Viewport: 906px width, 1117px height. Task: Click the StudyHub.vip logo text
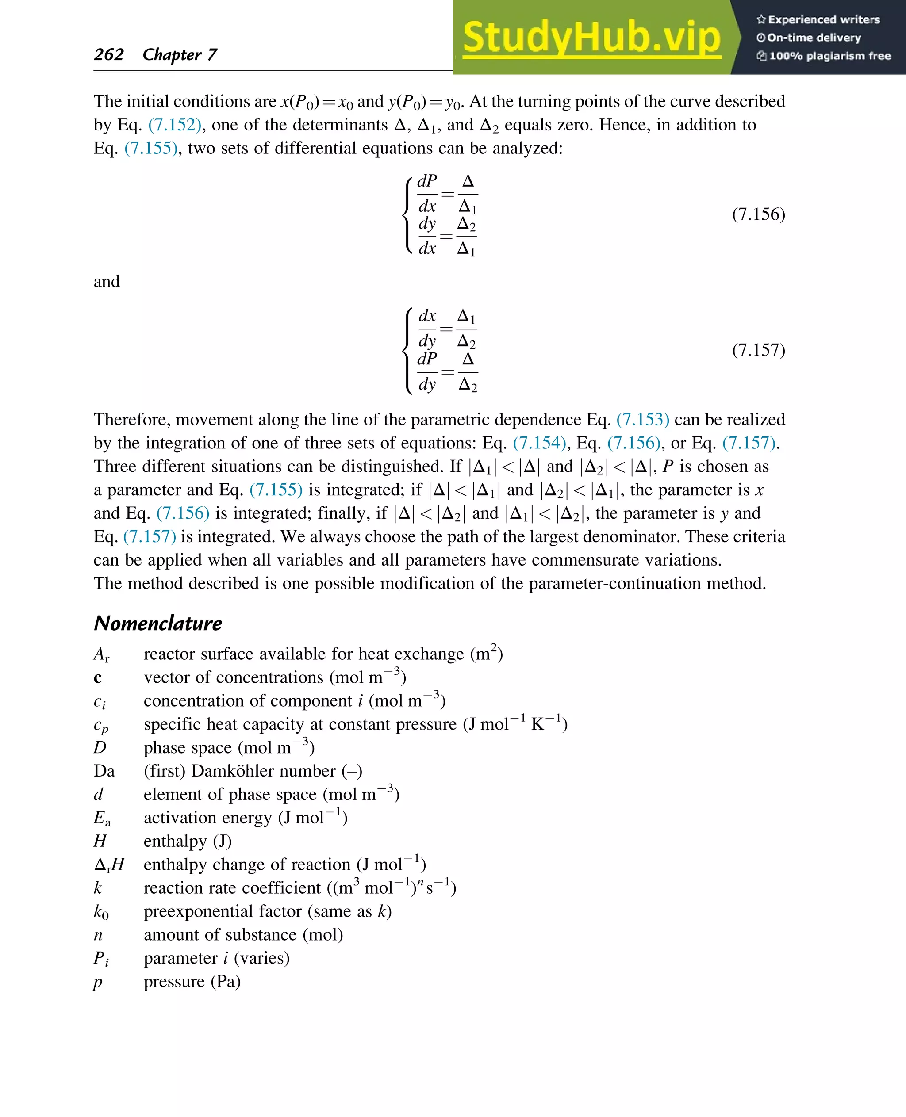point(591,38)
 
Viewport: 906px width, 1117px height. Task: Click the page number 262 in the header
point(108,54)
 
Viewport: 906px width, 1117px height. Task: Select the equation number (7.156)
point(758,214)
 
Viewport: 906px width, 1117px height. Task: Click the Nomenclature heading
point(157,623)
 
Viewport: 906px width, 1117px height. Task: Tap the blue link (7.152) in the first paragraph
point(174,125)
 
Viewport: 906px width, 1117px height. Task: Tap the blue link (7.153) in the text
point(642,420)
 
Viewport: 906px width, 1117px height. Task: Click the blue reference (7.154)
point(539,443)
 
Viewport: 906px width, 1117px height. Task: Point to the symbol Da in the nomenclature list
point(104,771)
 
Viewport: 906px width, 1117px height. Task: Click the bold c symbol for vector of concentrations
point(98,678)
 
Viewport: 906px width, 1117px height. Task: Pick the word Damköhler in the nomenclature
point(264,771)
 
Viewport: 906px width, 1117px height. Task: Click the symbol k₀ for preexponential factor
point(101,911)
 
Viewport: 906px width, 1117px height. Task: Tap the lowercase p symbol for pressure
point(98,983)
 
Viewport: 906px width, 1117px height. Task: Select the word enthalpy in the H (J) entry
point(175,842)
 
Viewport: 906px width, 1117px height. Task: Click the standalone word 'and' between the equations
point(107,282)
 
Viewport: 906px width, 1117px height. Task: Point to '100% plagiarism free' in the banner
point(829,56)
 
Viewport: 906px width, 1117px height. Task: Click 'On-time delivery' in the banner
point(814,38)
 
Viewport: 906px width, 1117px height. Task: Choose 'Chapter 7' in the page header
point(180,54)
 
